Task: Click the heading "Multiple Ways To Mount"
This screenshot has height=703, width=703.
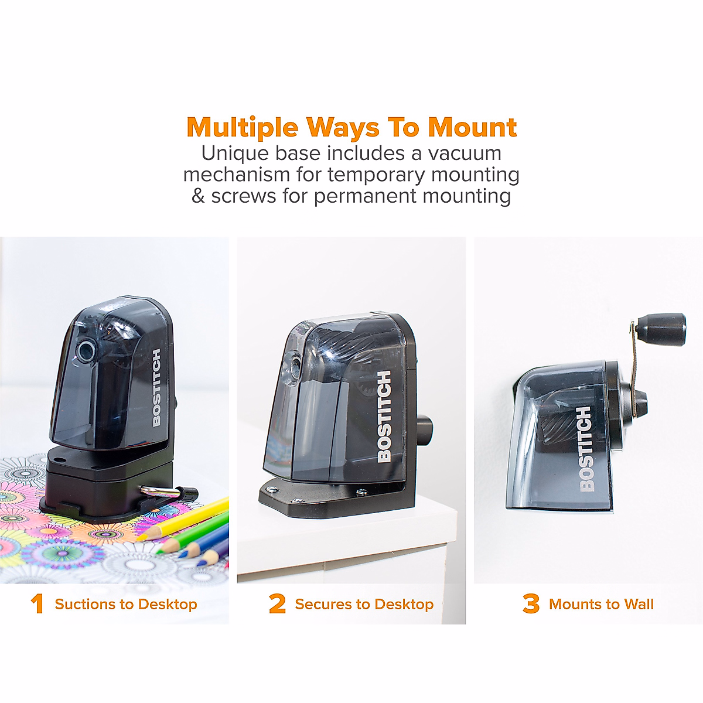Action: pos(351,127)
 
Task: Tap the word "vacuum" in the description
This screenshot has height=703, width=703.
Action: pos(465,153)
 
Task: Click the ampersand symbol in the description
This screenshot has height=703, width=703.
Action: pos(198,196)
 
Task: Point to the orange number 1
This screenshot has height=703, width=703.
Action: pos(37,604)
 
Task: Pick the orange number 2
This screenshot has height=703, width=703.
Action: pos(277,604)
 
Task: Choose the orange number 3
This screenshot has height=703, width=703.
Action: pos(531,604)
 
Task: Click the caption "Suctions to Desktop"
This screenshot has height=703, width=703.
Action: pos(126,604)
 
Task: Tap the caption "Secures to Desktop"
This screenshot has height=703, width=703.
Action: pos(364,604)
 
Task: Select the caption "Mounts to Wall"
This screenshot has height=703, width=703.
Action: pos(601,604)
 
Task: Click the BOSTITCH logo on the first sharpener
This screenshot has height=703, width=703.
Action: pos(156,388)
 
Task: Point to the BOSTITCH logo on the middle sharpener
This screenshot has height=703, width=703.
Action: pos(384,416)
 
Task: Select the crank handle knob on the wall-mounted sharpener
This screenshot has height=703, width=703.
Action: pos(661,329)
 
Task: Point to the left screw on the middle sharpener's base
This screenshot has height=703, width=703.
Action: pos(271,487)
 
